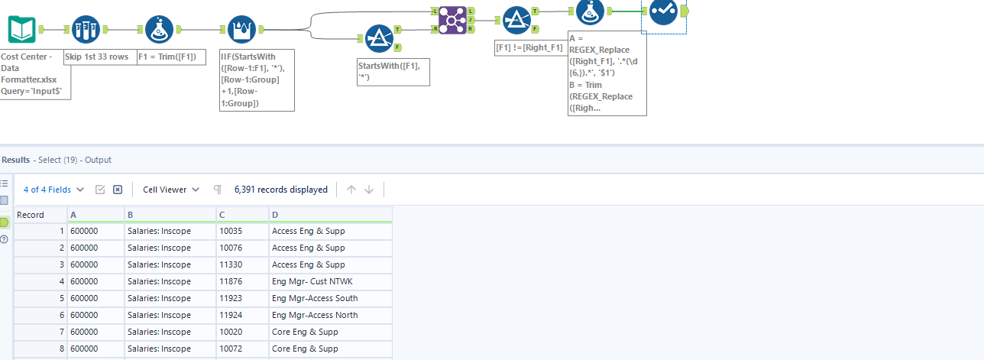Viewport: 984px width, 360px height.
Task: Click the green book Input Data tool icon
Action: point(21,29)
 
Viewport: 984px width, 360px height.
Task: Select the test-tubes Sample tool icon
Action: point(85,29)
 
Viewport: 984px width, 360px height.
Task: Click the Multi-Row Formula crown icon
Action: point(241,29)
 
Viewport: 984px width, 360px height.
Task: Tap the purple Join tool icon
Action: point(452,21)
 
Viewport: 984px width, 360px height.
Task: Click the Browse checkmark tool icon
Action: point(663,11)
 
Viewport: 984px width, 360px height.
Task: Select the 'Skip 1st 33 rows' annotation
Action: point(96,57)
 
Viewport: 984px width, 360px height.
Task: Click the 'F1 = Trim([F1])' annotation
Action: point(171,57)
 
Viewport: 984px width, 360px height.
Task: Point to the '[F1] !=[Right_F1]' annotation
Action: point(529,47)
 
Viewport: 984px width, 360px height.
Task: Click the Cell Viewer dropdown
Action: point(171,190)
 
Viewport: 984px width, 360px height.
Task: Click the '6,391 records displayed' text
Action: point(281,190)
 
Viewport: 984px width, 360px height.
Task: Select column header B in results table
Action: point(170,215)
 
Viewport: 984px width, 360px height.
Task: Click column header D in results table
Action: point(330,215)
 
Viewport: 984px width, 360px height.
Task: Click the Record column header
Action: point(40,215)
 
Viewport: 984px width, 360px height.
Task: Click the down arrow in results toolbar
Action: point(369,190)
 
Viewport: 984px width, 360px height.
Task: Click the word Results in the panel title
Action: point(15,160)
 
